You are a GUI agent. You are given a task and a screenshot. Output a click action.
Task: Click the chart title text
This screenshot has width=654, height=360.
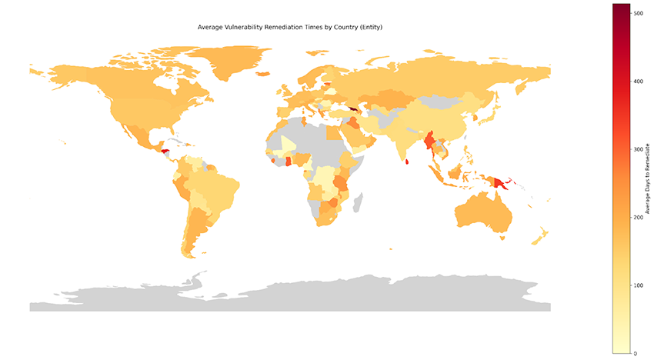pos(290,28)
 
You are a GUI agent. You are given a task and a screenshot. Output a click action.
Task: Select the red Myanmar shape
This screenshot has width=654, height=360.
pos(430,143)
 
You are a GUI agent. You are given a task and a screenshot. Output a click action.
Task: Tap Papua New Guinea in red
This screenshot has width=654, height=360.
pos(501,182)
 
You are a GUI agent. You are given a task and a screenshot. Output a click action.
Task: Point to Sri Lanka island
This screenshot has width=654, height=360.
pos(406,161)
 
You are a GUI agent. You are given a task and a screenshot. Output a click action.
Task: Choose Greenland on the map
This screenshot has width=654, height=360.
pos(235,62)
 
